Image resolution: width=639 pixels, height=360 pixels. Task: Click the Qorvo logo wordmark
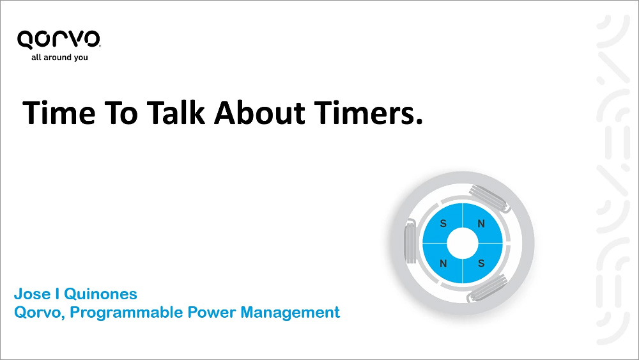click(59, 40)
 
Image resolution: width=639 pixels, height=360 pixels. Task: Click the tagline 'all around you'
click(59, 58)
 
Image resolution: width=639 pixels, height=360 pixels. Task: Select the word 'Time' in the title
click(59, 113)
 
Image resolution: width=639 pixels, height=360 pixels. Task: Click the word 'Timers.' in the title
click(369, 113)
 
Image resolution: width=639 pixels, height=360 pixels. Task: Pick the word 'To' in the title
click(121, 113)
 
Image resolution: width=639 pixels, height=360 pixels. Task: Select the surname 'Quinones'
click(101, 294)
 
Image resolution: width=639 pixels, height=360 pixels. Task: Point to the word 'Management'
click(290, 313)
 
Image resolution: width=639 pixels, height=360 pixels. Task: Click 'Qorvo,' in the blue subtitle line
click(40, 313)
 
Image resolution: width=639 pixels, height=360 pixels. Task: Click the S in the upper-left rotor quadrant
click(443, 223)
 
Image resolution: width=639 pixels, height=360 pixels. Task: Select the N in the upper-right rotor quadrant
click(481, 223)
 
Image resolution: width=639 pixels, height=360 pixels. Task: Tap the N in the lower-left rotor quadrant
click(443, 263)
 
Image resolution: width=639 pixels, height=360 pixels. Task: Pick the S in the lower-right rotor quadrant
click(481, 263)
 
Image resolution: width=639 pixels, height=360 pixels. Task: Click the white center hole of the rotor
click(463, 244)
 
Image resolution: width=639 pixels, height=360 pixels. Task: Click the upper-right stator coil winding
click(489, 198)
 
